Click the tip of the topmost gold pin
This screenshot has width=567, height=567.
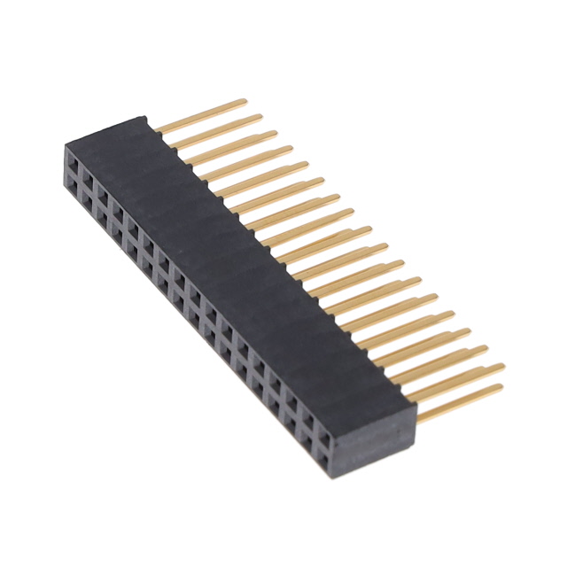[x=244, y=100]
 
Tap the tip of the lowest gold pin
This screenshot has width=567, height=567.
[x=501, y=387]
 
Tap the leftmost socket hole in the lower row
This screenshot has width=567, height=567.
[x=72, y=181]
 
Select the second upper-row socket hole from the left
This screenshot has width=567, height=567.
[x=88, y=176]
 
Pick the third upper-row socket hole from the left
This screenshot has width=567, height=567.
[x=103, y=191]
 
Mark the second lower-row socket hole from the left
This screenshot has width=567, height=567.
[x=87, y=196]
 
